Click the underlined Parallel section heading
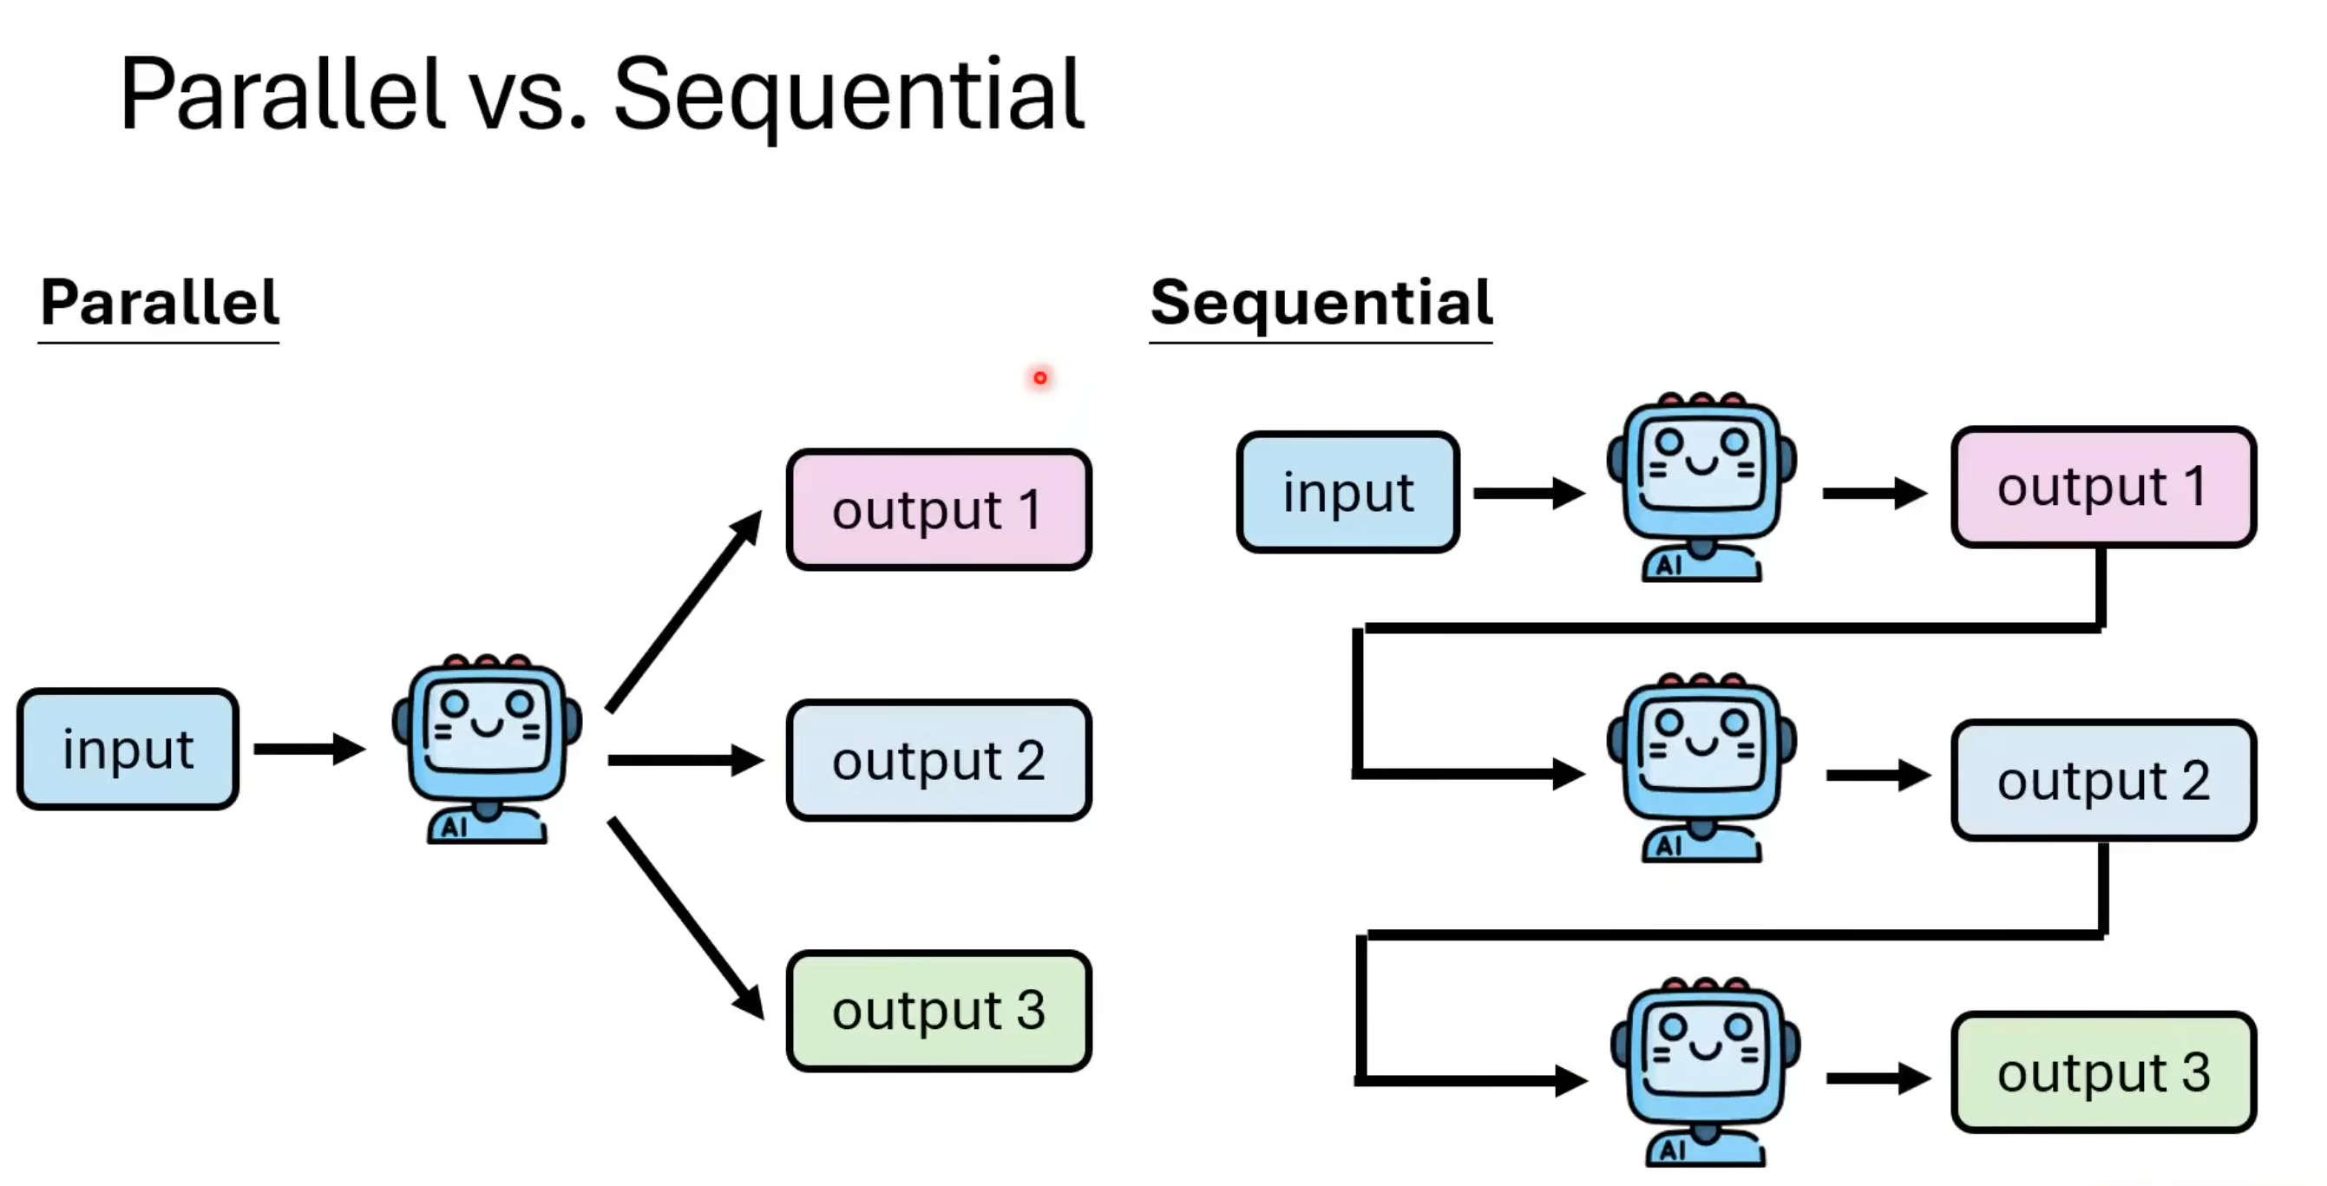point(159,303)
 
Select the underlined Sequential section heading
point(1320,303)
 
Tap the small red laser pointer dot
point(1039,377)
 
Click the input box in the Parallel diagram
point(128,749)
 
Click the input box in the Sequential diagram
point(1347,492)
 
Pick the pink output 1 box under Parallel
point(938,510)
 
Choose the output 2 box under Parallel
point(938,761)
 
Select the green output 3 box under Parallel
point(938,1010)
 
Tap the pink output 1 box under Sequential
point(2102,488)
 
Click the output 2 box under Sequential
point(2102,781)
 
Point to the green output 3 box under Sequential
point(2102,1073)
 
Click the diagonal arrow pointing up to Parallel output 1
point(683,613)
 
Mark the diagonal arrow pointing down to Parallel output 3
point(685,917)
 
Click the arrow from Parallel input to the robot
point(308,749)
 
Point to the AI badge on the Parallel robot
point(454,827)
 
